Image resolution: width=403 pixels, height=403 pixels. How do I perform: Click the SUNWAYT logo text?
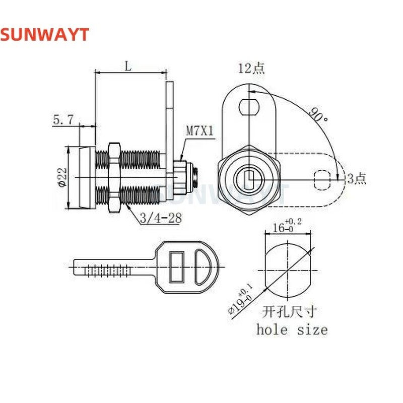pos(44,34)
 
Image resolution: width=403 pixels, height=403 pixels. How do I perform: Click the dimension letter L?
pos(129,66)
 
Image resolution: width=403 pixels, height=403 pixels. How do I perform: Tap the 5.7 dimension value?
pos(63,119)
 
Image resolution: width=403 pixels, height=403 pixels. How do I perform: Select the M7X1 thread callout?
pos(200,131)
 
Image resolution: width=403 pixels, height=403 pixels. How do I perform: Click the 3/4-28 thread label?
pos(153,218)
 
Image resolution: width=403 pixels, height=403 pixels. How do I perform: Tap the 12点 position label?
pos(251,69)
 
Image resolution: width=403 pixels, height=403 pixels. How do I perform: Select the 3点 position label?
pos(356,178)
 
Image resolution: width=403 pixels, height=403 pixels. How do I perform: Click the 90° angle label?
pos(319,115)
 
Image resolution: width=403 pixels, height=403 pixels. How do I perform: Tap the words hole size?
pos(292,330)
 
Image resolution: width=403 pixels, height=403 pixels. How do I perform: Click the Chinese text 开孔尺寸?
pos(292,311)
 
